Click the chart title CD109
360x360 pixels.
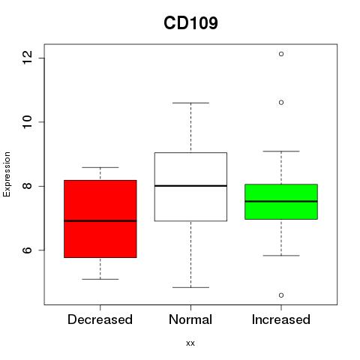click(x=190, y=23)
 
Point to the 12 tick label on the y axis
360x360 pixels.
click(x=28, y=58)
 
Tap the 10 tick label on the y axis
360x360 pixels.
click(x=28, y=121)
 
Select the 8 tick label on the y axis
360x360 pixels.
click(x=28, y=186)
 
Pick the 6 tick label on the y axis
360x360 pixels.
click(x=28, y=250)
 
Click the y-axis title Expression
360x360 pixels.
click(x=7, y=174)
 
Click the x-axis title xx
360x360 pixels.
click(x=190, y=343)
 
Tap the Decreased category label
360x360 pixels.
click(x=100, y=319)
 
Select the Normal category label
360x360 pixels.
click(x=190, y=319)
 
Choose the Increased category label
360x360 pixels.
click(x=281, y=319)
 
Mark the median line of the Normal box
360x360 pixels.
click(x=190, y=186)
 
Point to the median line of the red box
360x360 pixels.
click(x=100, y=220)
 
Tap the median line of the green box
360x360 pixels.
click(x=281, y=201)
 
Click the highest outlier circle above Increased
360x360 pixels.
click(x=281, y=54)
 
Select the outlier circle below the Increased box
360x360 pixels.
click(x=281, y=295)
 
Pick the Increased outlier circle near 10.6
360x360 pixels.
click(x=281, y=103)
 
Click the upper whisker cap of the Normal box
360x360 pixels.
click(x=190, y=103)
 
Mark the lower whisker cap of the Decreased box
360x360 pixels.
click(x=100, y=279)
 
